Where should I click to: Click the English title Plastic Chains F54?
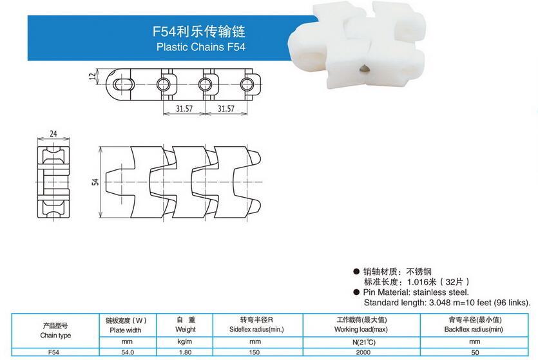201,46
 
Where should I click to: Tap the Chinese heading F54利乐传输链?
199,32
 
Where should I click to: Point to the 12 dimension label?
92,77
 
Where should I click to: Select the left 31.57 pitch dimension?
184,109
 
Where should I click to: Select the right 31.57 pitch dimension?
226,109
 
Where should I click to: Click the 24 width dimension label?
53,134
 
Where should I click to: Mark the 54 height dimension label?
95,182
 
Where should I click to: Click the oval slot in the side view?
123,84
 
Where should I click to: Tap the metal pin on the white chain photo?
365,70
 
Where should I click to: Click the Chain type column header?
55,336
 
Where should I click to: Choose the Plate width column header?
125,330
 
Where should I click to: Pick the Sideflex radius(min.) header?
256,330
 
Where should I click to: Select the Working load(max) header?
361,330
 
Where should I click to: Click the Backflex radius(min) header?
474,330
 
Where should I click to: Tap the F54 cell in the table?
54,352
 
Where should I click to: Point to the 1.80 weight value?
186,352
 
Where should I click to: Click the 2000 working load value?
363,352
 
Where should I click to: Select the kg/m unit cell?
185,342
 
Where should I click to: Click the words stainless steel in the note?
441,292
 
